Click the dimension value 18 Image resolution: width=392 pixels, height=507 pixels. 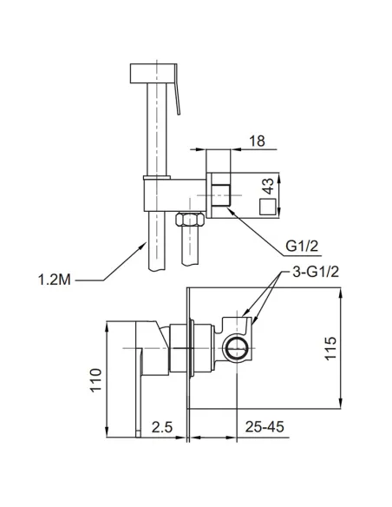[x=257, y=141]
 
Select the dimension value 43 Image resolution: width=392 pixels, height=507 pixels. [x=268, y=186]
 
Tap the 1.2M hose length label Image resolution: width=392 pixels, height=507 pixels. [x=55, y=280]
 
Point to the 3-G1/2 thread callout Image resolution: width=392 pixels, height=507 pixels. [x=316, y=272]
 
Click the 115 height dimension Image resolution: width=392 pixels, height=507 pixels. [x=330, y=348]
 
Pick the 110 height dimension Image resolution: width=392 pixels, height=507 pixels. [x=95, y=380]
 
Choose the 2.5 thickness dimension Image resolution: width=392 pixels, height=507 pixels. [x=162, y=427]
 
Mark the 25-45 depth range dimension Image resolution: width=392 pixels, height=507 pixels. [x=265, y=427]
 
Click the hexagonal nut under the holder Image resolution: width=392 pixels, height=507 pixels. [x=190, y=220]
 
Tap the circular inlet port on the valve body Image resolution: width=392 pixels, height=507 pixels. [x=237, y=348]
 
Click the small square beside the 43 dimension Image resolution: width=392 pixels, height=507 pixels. [x=268, y=207]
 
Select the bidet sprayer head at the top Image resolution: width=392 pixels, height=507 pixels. [x=154, y=74]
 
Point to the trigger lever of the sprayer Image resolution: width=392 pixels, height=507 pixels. [x=177, y=89]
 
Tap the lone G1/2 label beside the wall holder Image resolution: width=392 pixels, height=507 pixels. [x=302, y=247]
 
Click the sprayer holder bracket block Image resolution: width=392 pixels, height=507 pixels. [x=174, y=194]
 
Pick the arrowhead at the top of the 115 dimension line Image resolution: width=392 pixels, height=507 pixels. [x=340, y=293]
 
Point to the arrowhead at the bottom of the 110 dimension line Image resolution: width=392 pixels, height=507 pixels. [x=107, y=431]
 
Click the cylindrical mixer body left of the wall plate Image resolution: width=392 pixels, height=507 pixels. [x=181, y=348]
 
